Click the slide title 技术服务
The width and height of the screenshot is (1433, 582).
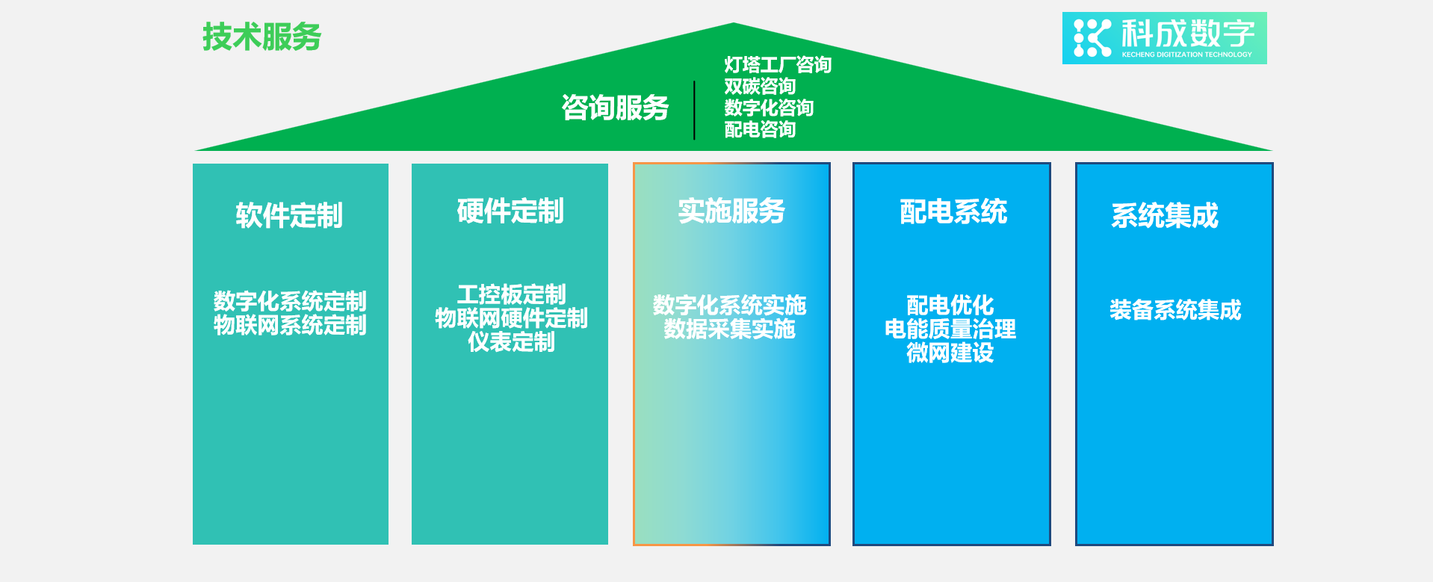click(x=261, y=37)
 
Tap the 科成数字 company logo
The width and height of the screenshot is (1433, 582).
click(x=1164, y=38)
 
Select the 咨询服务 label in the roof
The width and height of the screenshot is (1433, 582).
click(x=615, y=108)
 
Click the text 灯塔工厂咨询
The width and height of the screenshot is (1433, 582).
click(x=777, y=65)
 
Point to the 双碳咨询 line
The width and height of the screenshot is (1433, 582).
click(x=759, y=87)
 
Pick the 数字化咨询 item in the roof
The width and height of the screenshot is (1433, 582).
click(x=768, y=108)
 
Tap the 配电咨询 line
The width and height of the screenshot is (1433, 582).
click(x=759, y=129)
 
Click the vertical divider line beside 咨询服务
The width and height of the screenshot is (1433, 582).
click(x=694, y=110)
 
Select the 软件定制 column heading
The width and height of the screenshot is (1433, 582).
click(x=289, y=216)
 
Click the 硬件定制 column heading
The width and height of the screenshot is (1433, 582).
click(x=510, y=211)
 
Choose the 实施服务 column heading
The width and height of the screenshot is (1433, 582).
click(x=731, y=211)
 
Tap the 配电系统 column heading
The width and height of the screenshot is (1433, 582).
click(x=953, y=212)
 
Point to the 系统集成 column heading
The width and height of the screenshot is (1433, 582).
click(x=1164, y=216)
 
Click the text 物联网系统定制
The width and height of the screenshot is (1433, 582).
click(x=290, y=326)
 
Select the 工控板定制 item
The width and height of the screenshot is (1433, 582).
click(x=511, y=294)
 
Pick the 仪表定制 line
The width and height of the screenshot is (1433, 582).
click(x=511, y=342)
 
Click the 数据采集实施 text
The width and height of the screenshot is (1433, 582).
click(x=729, y=329)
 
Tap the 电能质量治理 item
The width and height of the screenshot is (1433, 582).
click(x=950, y=329)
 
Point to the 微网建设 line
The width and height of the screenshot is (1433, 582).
click(x=950, y=353)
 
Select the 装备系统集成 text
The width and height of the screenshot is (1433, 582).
click(x=1174, y=310)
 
